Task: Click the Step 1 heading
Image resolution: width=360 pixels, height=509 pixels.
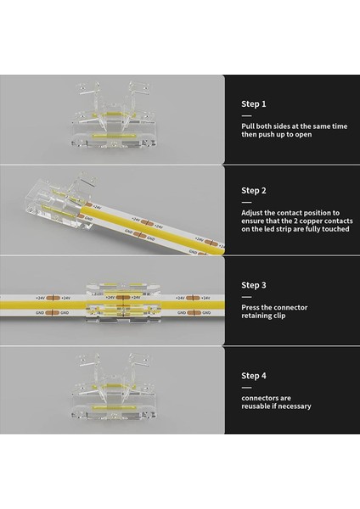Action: coord(254,103)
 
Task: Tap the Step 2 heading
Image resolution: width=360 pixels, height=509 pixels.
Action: coord(254,191)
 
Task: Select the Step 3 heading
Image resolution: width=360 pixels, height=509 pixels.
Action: coord(254,285)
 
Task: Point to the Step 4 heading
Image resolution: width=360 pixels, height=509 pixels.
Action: coord(254,376)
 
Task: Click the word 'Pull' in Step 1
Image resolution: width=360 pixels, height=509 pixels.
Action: coord(248,126)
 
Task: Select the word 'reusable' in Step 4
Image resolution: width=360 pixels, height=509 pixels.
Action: coord(259,406)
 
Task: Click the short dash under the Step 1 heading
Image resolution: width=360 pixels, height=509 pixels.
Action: coord(246,115)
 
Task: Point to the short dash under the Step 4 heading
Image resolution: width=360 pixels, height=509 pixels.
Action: coord(246,386)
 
